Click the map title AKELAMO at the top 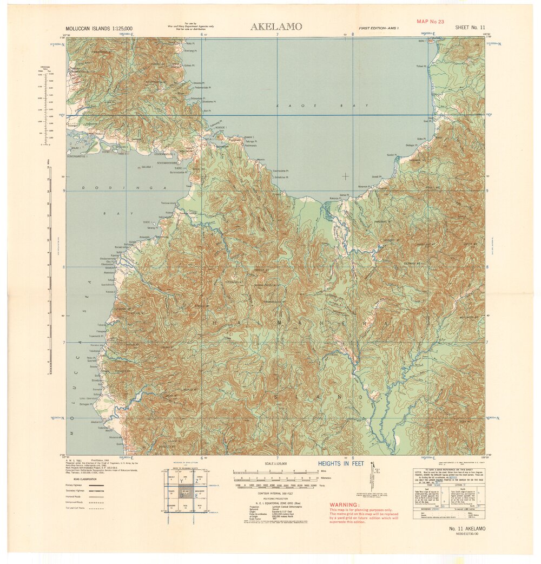tap(276, 27)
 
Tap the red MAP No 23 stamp tap(430, 21)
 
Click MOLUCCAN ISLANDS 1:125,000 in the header tap(99, 28)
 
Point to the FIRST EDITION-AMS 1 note tap(378, 27)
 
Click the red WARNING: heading tap(344, 504)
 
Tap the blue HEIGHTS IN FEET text tap(340, 464)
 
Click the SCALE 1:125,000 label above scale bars tap(275, 464)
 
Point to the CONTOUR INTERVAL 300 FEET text tap(275, 493)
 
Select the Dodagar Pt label tap(412, 145)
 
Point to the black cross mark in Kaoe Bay tap(345, 176)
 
